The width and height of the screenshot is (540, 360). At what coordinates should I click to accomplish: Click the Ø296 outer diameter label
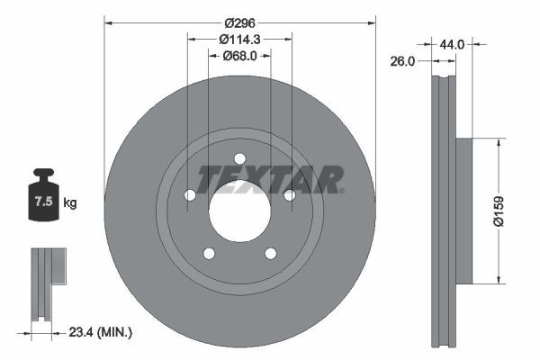coord(239,23)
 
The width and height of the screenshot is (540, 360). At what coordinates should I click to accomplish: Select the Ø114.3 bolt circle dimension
coord(239,40)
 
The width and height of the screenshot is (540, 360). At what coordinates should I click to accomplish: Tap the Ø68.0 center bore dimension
coord(239,56)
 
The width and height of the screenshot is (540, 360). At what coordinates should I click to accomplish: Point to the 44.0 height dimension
coord(452,44)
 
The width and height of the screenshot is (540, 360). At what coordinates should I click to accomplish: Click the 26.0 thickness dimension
coord(402,61)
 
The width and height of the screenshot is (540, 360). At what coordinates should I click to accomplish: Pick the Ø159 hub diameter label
coord(499,211)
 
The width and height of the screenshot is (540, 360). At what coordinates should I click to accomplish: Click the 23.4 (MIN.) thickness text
coord(100,332)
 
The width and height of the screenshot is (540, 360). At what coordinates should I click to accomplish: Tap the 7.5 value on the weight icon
coord(44,202)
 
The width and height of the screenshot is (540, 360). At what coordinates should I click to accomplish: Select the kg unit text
coord(70,202)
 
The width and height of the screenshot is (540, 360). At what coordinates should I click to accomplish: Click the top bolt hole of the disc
coord(240,158)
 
